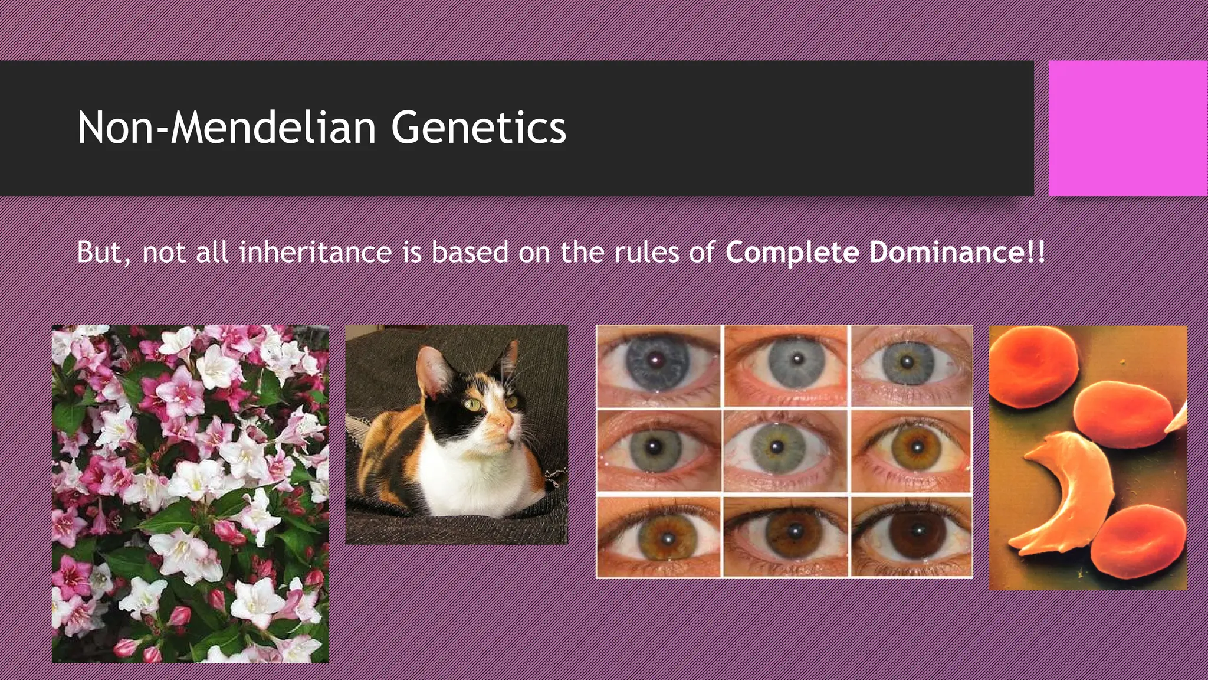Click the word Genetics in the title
[x=478, y=128]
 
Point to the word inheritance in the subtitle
[x=316, y=252]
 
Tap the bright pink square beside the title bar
[x=1128, y=128]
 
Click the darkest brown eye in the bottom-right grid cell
[x=911, y=535]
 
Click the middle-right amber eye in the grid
[x=914, y=447]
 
